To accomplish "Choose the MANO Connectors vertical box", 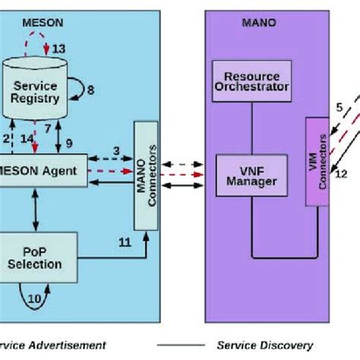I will [146, 175].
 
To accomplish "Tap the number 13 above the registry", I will [59, 49].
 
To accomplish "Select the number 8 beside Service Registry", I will [90, 90].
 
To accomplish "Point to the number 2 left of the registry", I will [6, 138].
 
